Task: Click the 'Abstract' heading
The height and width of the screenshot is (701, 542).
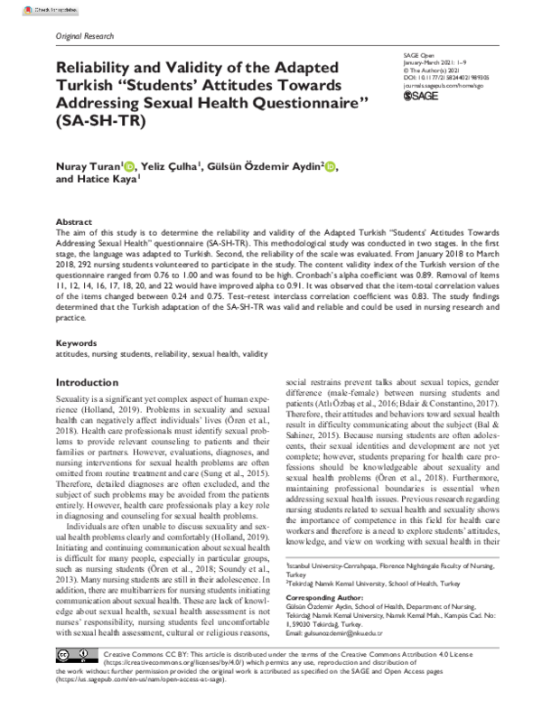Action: click(x=74, y=221)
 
